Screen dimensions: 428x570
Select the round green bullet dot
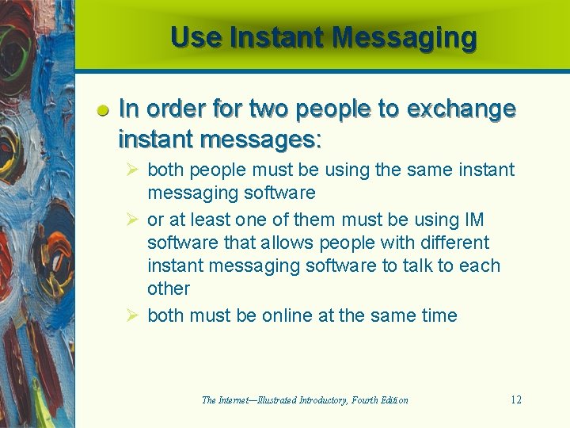click(x=103, y=112)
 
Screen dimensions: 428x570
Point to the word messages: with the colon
click(x=261, y=140)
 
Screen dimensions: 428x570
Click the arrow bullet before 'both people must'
click(x=135, y=170)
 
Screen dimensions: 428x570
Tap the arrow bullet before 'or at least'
click(x=135, y=220)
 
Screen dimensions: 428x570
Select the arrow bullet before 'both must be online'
click(x=135, y=315)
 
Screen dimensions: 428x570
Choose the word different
click(x=450, y=243)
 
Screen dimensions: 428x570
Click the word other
click(x=169, y=289)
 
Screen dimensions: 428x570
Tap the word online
click(x=287, y=315)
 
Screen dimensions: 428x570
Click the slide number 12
click(x=515, y=399)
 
